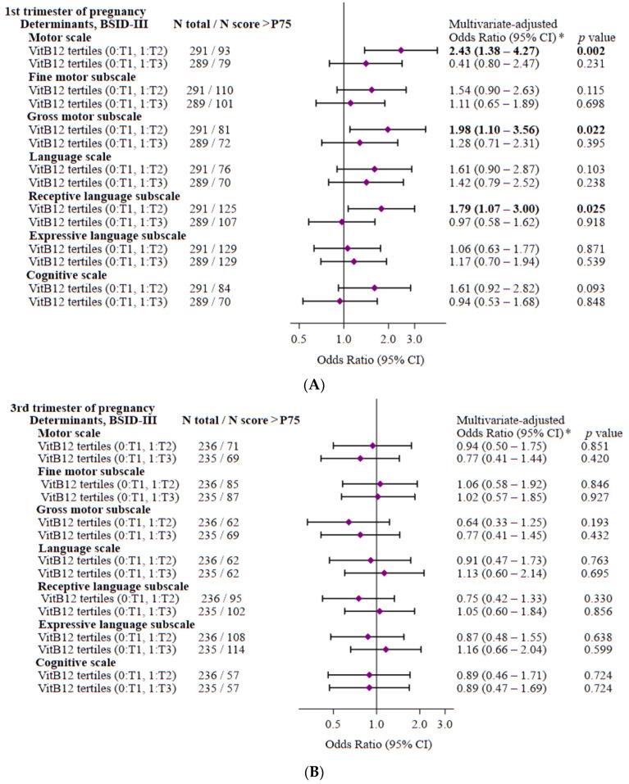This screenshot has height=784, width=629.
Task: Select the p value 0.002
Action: (590, 51)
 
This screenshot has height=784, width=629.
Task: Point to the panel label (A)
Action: (315, 382)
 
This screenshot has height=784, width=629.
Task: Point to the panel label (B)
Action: (315, 769)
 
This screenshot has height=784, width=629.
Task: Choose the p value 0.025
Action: (590, 209)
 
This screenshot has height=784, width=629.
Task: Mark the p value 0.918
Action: (590, 222)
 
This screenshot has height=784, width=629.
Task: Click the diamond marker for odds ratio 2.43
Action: (401, 51)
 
